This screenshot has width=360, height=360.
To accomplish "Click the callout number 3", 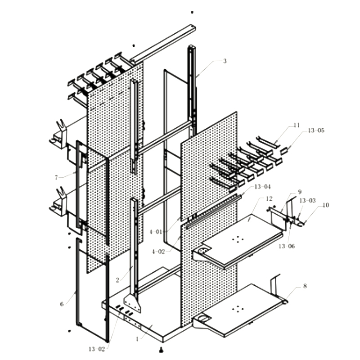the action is [225, 61].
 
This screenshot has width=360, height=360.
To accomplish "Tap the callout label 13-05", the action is [316, 130].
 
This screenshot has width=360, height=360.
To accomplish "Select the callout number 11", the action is [297, 125].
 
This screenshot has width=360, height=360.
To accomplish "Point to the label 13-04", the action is [262, 187].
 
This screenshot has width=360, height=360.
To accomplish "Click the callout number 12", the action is [269, 198].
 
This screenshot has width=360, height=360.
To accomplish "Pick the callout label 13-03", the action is [307, 200].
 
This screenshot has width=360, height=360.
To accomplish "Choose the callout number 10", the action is [325, 205].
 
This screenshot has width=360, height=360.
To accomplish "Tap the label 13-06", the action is [287, 246].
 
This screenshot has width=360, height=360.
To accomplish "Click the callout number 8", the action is [305, 286].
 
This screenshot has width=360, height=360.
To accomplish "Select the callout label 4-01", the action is [156, 232].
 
